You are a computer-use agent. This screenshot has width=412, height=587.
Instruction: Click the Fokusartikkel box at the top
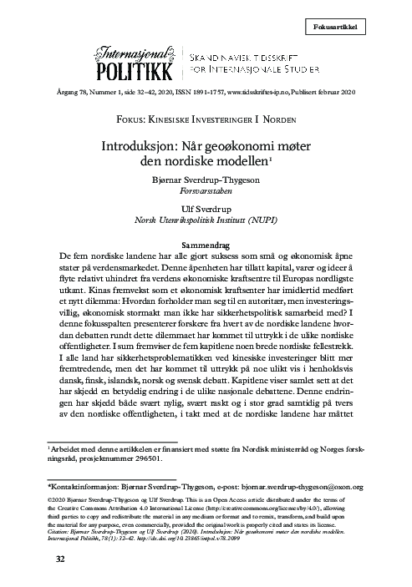point(367,27)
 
